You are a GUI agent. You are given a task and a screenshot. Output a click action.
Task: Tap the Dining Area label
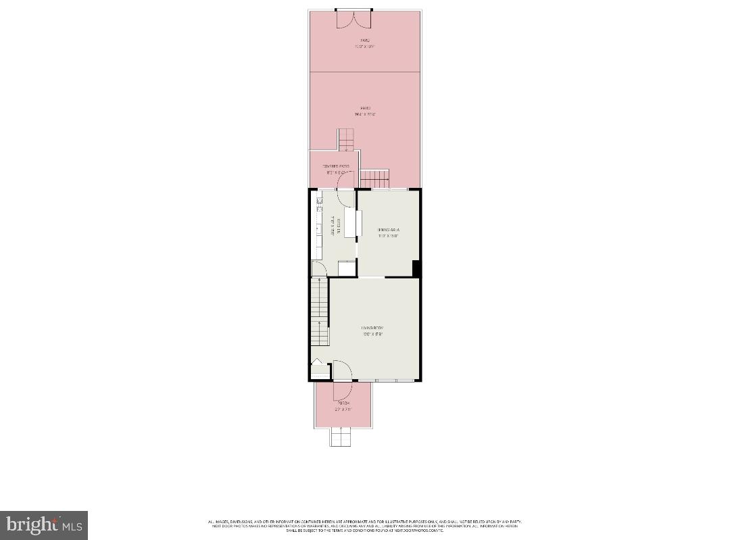pyautogui.click(x=389, y=230)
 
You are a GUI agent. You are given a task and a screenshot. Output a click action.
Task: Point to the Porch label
pyautogui.click(x=343, y=403)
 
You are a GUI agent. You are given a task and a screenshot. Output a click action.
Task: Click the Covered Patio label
pyautogui.click(x=336, y=166)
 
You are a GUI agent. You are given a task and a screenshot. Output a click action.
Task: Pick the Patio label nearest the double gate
pyautogui.click(x=364, y=41)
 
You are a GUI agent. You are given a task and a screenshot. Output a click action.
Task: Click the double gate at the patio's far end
pyautogui.click(x=354, y=18)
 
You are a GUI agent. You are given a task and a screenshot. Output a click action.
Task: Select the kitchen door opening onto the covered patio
pyautogui.click(x=346, y=199)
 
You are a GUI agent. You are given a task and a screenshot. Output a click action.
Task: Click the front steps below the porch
pyautogui.click(x=341, y=437)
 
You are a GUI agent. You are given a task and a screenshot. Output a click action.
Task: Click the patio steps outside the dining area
pyautogui.click(x=375, y=179)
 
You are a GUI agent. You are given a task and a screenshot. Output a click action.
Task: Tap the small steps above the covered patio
pyautogui.click(x=346, y=139)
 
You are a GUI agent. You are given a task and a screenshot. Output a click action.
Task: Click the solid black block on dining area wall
pyautogui.click(x=416, y=268)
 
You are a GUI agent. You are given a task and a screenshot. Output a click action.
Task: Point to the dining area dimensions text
pyautogui.click(x=389, y=237)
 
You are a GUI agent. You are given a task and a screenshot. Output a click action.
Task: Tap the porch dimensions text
pyautogui.click(x=343, y=410)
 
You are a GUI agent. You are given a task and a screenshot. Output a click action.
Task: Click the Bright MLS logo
pyautogui.click(x=44, y=525)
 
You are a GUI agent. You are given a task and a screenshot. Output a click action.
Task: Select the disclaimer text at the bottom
pyautogui.click(x=365, y=526)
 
